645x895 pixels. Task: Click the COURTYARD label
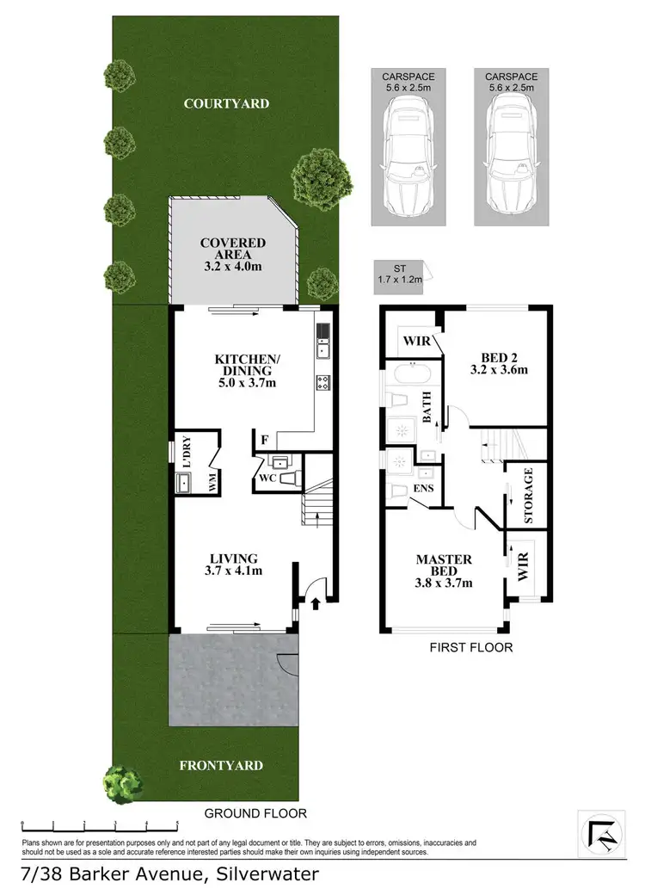click(226, 103)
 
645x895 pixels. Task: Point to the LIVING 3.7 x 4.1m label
click(233, 564)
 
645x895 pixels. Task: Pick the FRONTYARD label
click(221, 765)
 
